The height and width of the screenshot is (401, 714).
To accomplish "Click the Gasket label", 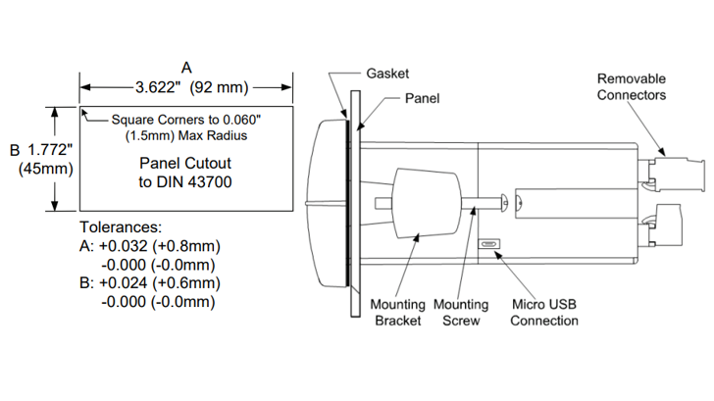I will (387, 74).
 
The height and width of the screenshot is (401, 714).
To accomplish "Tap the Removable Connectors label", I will (632, 86).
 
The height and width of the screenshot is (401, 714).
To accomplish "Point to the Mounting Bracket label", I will (396, 312).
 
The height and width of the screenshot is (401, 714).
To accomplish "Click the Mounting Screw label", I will (460, 312).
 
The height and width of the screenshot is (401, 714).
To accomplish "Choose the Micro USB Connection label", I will (544, 312).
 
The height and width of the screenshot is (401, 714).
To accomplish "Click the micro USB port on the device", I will (489, 245).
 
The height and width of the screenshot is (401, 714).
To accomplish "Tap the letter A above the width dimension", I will (186, 67).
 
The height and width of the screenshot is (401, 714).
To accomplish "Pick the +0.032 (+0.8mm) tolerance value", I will (158, 245).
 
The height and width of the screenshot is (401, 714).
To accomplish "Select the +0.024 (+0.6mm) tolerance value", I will (158, 282).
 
